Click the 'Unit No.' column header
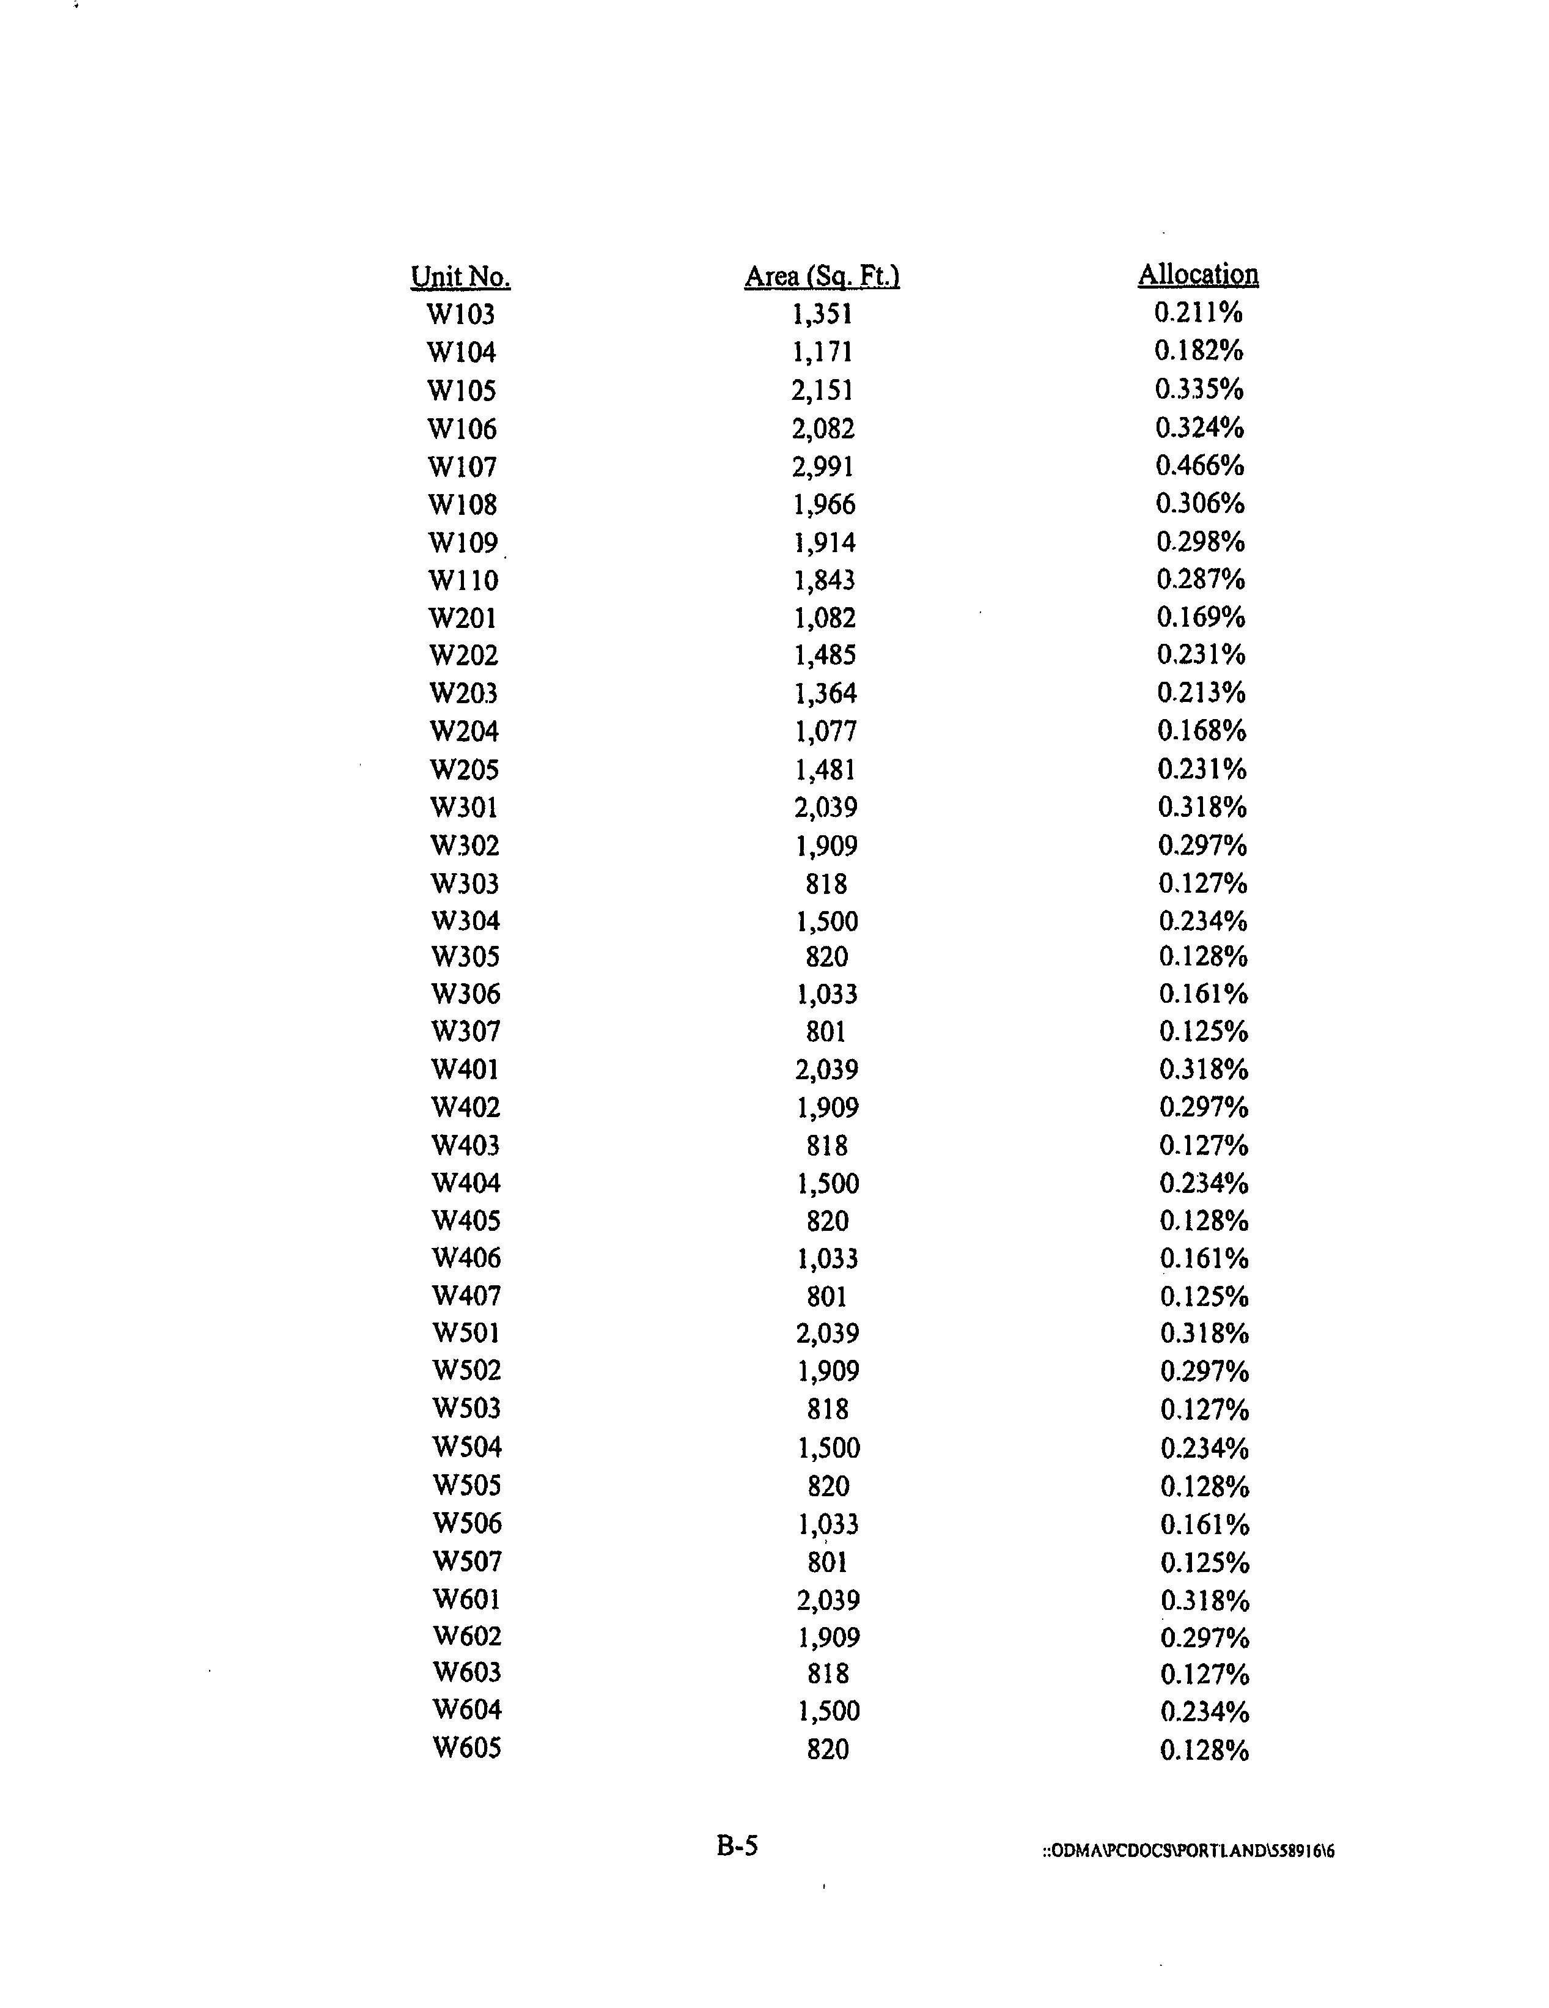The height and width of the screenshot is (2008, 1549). (x=460, y=277)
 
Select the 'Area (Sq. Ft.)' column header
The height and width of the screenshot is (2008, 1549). (x=822, y=276)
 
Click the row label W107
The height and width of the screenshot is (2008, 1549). (x=462, y=467)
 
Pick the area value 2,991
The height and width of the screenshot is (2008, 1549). (x=823, y=467)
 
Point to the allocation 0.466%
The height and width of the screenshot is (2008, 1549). (x=1200, y=465)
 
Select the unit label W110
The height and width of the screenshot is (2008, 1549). (x=463, y=580)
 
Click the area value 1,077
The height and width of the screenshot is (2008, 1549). (x=825, y=732)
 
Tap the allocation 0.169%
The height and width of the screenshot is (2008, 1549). (x=1201, y=617)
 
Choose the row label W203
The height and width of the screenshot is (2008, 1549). (x=463, y=693)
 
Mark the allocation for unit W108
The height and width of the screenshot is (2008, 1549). (x=1200, y=504)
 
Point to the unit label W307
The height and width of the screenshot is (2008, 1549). (x=466, y=1032)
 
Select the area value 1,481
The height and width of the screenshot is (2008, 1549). (x=825, y=770)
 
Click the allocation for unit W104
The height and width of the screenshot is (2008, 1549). (x=1199, y=350)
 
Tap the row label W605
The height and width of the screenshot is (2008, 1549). (x=467, y=1748)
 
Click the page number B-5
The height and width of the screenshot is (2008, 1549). (x=737, y=1846)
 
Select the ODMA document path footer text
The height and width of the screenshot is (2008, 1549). (x=1188, y=1851)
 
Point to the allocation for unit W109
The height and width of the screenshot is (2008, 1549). (x=1201, y=542)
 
